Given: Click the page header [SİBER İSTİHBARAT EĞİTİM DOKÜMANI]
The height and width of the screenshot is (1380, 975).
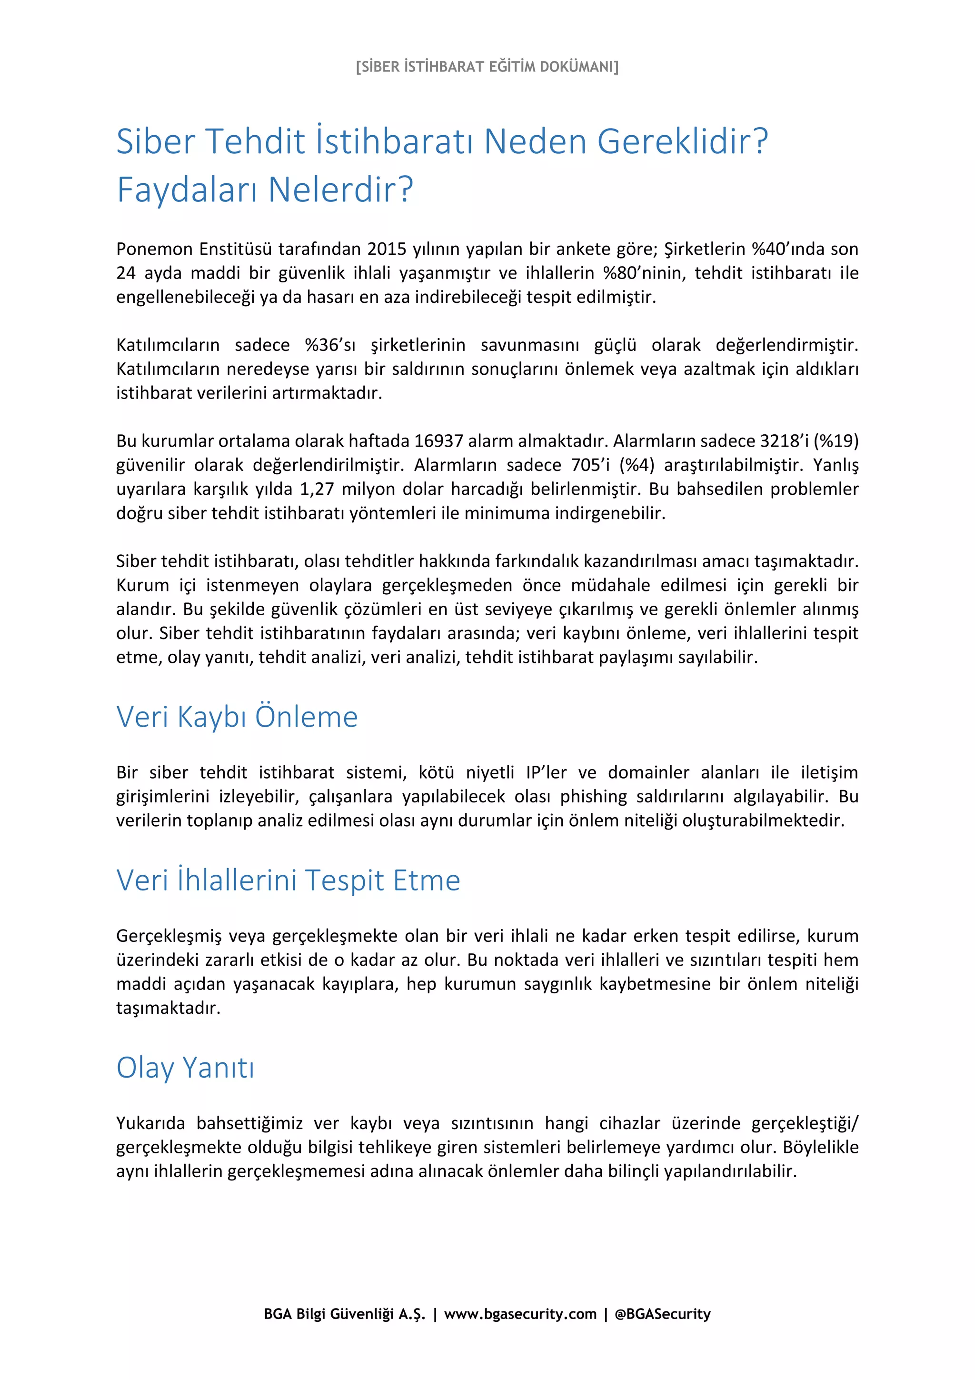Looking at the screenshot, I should click(x=487, y=67).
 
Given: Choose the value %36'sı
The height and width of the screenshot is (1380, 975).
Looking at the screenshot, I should click(x=330, y=345).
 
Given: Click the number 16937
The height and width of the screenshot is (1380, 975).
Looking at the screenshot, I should click(x=438, y=441).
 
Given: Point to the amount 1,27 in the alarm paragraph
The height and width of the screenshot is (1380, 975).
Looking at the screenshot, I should click(x=316, y=489).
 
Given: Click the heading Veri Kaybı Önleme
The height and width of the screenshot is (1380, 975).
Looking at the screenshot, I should click(x=237, y=717).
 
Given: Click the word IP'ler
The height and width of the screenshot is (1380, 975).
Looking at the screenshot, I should click(x=546, y=772).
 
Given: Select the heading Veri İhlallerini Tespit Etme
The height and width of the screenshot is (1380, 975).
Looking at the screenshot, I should click(x=289, y=880).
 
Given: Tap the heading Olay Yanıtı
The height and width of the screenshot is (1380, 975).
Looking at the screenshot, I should click(x=185, y=1068).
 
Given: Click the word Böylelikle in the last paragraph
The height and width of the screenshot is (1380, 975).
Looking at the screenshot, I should click(x=820, y=1148).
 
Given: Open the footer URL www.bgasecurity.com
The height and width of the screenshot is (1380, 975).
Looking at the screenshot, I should click(x=520, y=1314).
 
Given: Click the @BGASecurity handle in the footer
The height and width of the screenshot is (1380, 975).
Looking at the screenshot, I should click(x=663, y=1314).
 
